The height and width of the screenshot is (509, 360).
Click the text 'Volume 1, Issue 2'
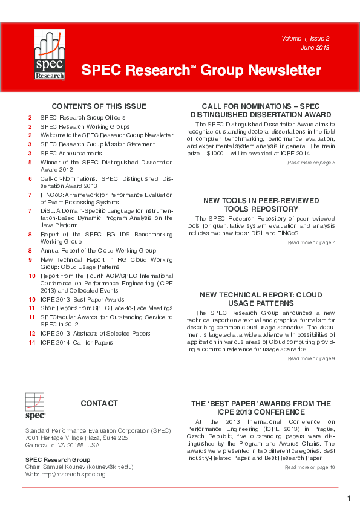(309, 39)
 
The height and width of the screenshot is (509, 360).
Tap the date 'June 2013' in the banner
(315, 48)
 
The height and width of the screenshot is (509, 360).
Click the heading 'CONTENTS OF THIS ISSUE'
(99, 106)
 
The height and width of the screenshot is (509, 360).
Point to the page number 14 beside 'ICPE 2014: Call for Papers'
(31, 343)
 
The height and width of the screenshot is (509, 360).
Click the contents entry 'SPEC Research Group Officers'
(83, 117)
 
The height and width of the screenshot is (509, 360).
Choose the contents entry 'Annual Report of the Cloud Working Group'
(98, 250)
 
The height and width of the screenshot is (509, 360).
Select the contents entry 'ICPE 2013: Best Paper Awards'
(82, 299)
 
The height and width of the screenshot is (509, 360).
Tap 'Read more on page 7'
(311, 242)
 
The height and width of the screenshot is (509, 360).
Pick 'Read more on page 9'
(311, 358)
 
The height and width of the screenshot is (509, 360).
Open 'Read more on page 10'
(310, 467)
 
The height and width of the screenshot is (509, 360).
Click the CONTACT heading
(99, 403)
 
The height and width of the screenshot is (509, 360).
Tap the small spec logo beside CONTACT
(34, 406)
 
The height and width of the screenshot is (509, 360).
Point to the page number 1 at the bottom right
(349, 498)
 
